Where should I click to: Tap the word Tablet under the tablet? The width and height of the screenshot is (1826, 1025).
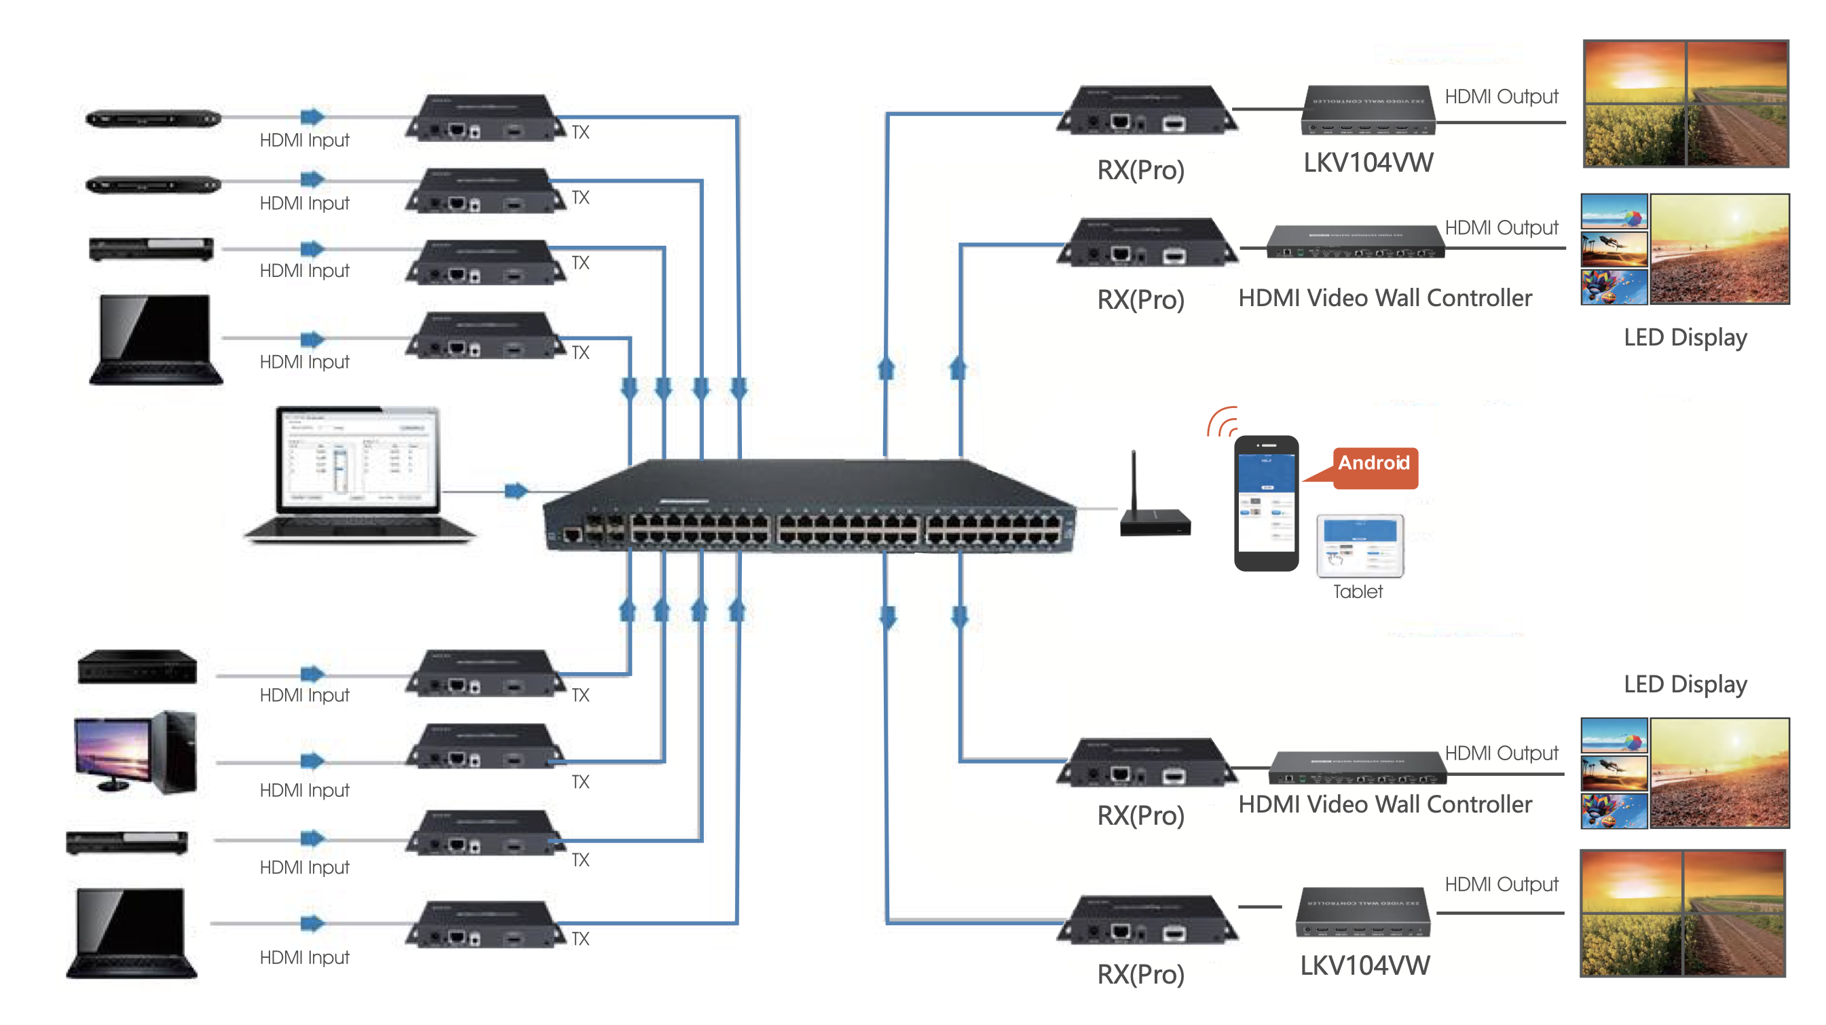(1358, 592)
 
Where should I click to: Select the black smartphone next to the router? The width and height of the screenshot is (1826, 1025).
(1266, 503)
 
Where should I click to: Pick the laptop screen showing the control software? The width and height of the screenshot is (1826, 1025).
(358, 460)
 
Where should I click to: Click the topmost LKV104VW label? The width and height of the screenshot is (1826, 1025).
(1368, 163)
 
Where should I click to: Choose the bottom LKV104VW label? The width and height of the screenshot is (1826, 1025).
(1365, 966)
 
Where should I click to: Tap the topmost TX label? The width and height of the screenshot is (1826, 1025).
(580, 132)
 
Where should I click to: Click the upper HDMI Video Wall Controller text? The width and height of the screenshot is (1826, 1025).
(1384, 299)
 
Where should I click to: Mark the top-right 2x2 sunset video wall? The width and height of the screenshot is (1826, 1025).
(1685, 105)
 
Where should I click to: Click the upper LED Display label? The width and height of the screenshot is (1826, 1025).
(1685, 337)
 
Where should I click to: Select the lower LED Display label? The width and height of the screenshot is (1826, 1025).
(1685, 685)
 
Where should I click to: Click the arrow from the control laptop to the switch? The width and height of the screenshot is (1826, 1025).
(516, 491)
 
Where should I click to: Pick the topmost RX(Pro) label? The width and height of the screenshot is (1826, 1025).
(1140, 171)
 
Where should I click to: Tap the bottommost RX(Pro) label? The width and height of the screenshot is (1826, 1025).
(1140, 975)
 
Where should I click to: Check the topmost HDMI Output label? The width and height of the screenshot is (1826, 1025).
(1502, 96)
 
